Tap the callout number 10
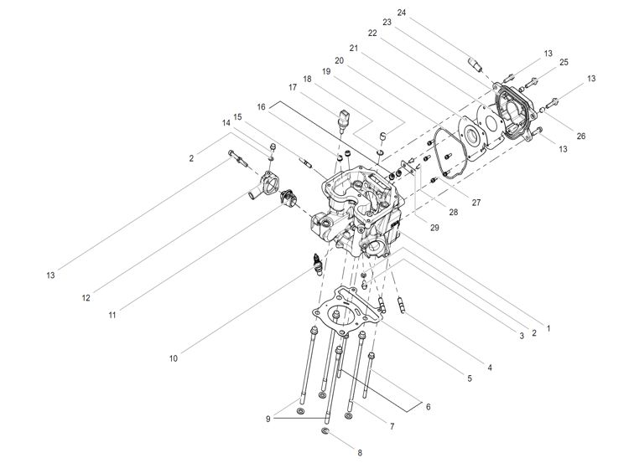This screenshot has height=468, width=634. (x=174, y=358)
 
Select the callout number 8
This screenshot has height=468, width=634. (x=360, y=453)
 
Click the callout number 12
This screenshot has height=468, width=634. (x=86, y=297)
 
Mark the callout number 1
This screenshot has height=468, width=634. (x=548, y=328)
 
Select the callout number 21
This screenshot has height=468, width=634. (x=354, y=49)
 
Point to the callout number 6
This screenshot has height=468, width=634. (x=429, y=407)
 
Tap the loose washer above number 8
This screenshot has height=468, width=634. (x=325, y=432)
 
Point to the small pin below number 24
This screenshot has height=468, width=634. (x=475, y=62)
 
